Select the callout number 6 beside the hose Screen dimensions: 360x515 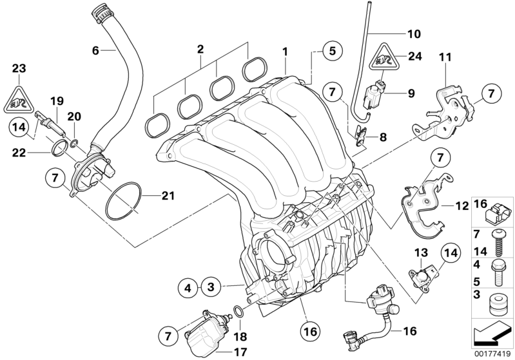click(96, 49)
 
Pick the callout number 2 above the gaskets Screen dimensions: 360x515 click(200, 49)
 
